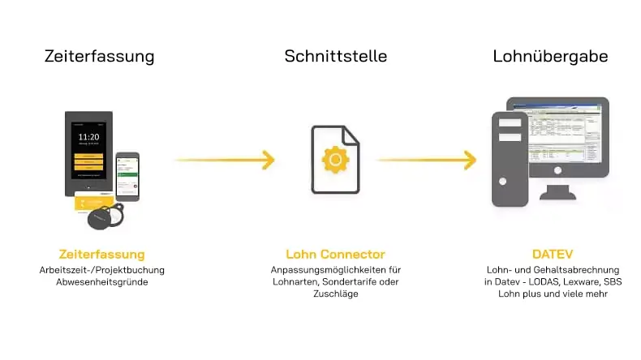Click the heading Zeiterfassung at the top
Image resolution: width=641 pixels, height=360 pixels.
pyautogui.click(x=99, y=57)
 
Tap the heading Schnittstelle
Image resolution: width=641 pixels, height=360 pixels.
pyautogui.click(x=335, y=57)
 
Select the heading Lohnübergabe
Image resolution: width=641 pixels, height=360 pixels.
pyautogui.click(x=550, y=57)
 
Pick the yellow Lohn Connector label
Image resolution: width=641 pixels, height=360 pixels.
pyautogui.click(x=335, y=254)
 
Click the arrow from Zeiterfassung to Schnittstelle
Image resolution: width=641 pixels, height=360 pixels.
pyautogui.click(x=225, y=160)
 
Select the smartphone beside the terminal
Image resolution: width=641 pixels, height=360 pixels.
pyautogui.click(x=127, y=175)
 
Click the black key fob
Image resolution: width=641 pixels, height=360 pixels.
pyautogui.click(x=106, y=217)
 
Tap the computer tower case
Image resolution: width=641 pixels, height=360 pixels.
pyautogui.click(x=509, y=159)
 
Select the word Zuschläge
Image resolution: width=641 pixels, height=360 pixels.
pyautogui.click(x=335, y=294)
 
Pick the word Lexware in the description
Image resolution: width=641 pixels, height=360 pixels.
pyautogui.click(x=580, y=281)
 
